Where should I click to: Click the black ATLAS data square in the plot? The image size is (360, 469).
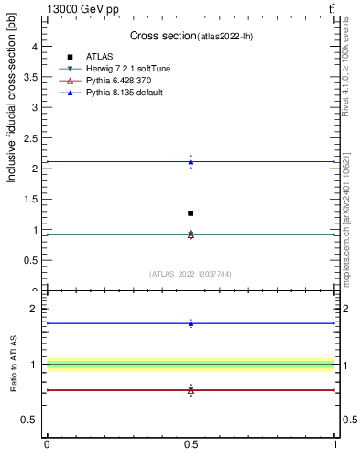191,213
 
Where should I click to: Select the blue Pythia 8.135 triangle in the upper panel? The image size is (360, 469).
191,162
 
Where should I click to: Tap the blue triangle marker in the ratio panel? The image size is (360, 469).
191,322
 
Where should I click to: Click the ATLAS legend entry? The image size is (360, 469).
100,57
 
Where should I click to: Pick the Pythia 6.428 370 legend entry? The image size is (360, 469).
118,81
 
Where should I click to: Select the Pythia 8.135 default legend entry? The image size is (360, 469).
124,93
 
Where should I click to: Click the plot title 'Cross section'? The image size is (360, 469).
163,36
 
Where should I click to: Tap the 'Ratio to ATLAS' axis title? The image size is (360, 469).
14,364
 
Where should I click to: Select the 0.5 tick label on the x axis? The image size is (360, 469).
191,444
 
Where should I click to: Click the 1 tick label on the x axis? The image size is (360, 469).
334,444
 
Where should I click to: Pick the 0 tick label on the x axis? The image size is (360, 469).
47,444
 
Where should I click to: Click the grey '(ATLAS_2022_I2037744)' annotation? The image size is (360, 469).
191,274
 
